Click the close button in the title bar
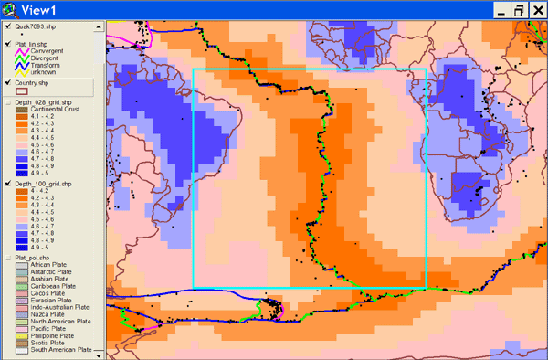[x=536, y=10]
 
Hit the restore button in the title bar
[x=518, y=10]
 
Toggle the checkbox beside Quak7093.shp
[x=7, y=28]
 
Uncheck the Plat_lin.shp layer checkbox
[x=7, y=43]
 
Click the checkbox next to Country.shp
[x=7, y=82]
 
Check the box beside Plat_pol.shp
[x=7, y=258]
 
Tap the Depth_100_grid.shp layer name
[x=43, y=184]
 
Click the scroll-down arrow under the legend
[x=98, y=355]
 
